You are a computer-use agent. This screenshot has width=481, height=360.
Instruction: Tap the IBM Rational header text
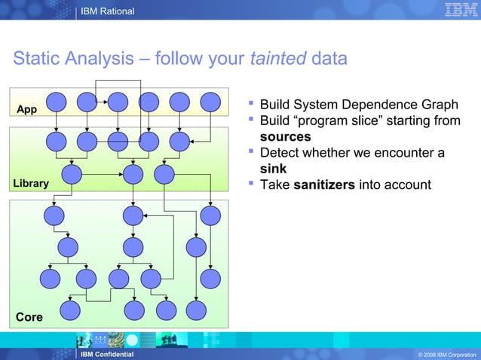107,11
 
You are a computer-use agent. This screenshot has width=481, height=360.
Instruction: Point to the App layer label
26,109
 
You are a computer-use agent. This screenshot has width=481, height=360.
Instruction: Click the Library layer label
30,183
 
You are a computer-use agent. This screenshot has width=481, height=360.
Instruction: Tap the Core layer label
29,317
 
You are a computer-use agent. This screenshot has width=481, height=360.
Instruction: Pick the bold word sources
285,137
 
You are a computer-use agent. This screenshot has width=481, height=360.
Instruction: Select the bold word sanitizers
324,185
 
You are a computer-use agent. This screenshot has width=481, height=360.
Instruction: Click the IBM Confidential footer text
107,354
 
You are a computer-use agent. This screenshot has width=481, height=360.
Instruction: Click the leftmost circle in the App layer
57,102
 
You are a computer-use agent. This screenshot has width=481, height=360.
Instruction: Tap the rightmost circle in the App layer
210,102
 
